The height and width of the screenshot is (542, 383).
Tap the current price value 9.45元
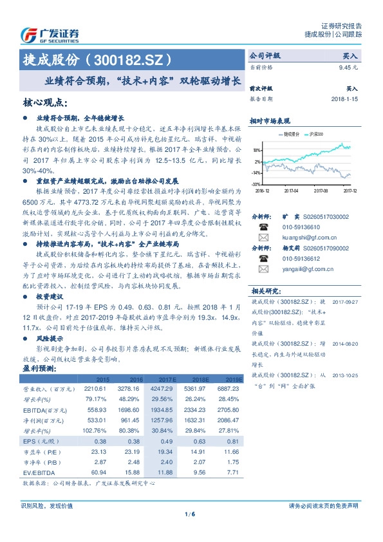point(348,66)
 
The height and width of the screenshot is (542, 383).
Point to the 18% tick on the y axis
point(256,147)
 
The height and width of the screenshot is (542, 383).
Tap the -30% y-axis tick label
point(256,184)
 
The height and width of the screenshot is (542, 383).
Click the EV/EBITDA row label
point(38,472)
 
